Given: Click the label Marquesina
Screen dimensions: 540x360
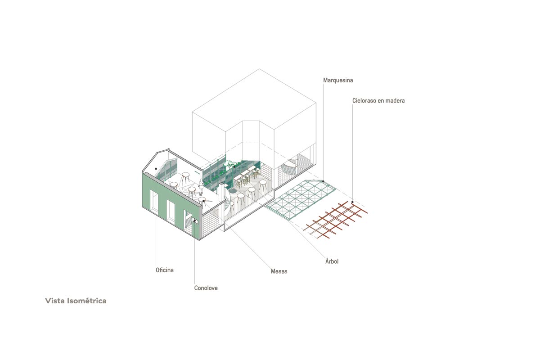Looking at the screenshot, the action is (x=338, y=80).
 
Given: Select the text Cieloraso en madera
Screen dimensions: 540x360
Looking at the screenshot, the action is (x=378, y=100).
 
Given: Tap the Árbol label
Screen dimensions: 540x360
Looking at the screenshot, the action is (x=332, y=261).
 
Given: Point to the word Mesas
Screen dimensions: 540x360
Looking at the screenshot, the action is (x=279, y=271).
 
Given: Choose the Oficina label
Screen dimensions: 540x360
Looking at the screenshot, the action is (x=165, y=270).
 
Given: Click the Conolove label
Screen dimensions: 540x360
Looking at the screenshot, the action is (x=206, y=288).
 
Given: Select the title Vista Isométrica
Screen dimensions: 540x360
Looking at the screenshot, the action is (x=76, y=301).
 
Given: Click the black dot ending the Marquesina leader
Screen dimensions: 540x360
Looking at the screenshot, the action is (x=323, y=181).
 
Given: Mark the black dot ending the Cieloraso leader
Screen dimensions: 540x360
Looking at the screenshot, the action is (x=352, y=202).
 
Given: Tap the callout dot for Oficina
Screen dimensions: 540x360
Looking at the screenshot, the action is (x=156, y=169).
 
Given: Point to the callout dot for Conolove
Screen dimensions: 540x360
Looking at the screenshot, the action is (x=194, y=220).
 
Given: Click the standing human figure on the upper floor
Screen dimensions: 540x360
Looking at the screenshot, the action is (x=201, y=187).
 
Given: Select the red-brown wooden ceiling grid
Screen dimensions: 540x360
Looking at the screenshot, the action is (x=335, y=220).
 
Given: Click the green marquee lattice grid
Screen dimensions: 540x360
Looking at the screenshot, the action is (x=301, y=200).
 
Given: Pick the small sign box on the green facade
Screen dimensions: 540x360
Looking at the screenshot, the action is (x=195, y=221).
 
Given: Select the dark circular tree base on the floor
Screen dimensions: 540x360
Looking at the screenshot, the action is (x=233, y=191).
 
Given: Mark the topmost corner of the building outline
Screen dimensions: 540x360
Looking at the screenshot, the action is (x=259, y=69).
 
